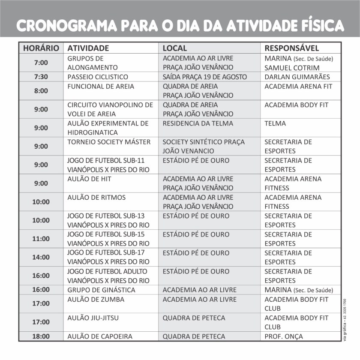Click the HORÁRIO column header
41,48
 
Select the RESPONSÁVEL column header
291,48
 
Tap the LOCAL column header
175,48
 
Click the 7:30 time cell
41,77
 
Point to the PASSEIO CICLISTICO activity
98,77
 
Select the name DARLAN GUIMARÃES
297,77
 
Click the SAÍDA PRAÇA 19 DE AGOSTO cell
204,77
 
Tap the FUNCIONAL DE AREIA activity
101,87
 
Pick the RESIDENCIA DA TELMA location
198,123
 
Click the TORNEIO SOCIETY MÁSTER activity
109,142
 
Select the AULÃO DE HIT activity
89,179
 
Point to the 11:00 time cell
41,239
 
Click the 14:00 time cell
41,257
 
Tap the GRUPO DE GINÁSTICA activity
101,290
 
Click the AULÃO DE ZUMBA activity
96,300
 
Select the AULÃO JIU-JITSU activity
93,318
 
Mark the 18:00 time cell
41,336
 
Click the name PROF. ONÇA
283,336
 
